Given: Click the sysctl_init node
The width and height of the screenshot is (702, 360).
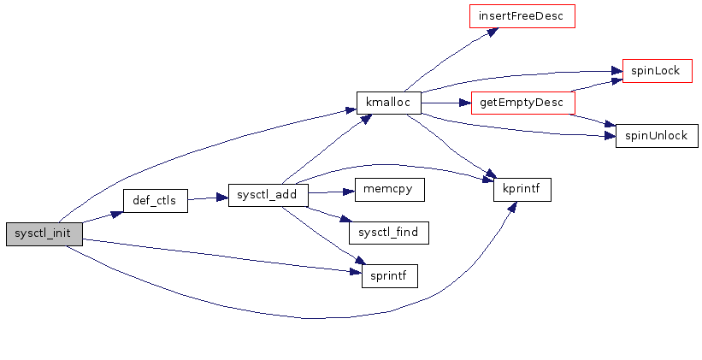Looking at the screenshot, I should point(43,233).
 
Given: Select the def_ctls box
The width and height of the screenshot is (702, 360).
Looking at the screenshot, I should point(155,200).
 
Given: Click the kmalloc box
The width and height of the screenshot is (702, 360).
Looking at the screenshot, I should point(388,103).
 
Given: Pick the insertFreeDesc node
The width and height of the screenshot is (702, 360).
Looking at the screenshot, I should point(522,16).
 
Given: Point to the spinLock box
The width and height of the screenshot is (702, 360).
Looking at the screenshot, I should point(657,70).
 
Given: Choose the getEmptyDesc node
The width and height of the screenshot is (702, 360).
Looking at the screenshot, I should point(522,103).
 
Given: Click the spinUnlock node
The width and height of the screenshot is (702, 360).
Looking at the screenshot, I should point(657,135).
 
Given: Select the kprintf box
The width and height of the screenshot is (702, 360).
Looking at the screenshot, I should point(522,190).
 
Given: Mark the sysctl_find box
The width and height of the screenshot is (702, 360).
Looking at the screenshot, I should point(388,232).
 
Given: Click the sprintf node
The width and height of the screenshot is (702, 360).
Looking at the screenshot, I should point(389,275).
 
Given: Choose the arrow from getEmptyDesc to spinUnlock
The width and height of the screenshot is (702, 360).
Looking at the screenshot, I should point(592,119).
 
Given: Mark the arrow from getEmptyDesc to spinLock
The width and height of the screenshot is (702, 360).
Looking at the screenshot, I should point(593,86).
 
